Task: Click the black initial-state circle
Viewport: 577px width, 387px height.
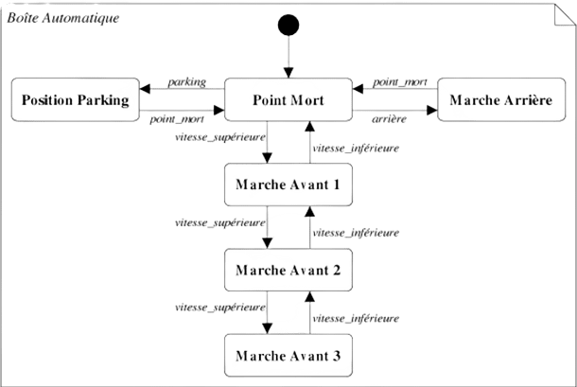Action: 288,26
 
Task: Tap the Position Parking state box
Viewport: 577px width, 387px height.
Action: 72,100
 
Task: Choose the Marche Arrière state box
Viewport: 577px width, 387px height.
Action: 501,100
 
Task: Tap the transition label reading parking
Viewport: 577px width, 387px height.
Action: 187,82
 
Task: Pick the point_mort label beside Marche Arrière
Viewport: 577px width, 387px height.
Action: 399,82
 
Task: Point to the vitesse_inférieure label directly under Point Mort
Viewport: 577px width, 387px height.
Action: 356,148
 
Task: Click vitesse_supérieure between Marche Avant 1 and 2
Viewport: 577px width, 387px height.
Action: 219,223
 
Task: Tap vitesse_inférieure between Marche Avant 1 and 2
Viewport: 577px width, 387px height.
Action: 356,233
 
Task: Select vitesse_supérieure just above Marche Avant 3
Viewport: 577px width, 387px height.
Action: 219,308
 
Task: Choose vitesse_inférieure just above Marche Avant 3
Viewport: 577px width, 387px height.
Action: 356,319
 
